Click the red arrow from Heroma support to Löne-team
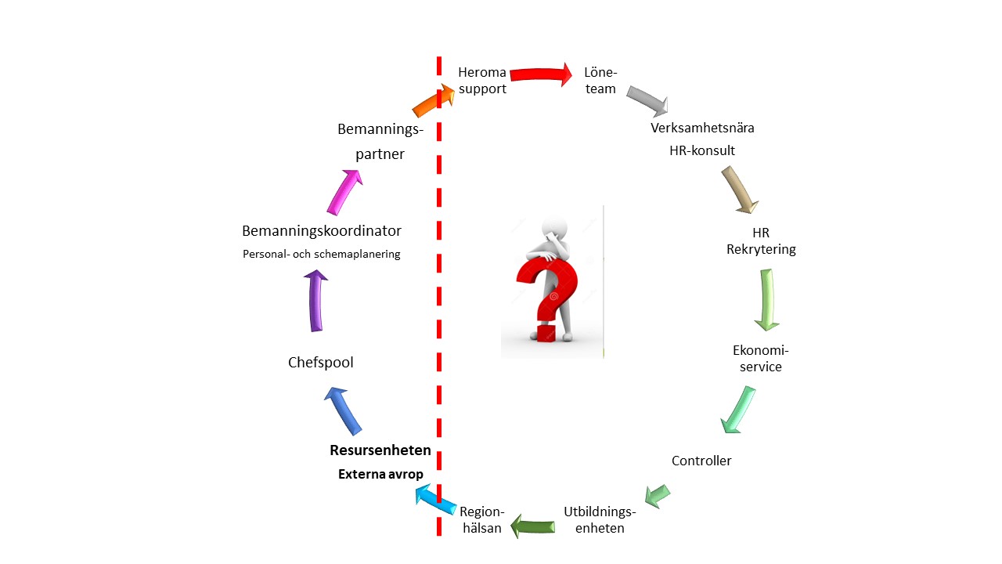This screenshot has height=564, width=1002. pos(541,74)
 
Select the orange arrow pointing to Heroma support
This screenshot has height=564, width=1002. pos(433,100)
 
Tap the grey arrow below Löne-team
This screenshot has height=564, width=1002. pos(647,101)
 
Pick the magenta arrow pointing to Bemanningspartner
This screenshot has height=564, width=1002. pos(344,193)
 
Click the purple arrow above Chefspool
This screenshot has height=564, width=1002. pos(315,301)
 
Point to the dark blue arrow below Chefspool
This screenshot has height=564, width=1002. pos(343,411)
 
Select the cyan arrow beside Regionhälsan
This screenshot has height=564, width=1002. pos(436,500)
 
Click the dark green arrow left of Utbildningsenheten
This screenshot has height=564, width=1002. pos(533,526)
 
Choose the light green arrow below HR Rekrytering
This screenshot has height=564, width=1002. pos(767,300)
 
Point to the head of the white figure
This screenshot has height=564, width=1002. pos(555,228)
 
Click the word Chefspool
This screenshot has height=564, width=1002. pos(321,362)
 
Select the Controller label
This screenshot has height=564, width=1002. pos(701,461)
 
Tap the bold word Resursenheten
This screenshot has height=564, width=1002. pos(380,450)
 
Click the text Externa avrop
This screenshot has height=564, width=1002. pos(380,474)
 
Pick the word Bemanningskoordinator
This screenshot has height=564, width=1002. pos(322,231)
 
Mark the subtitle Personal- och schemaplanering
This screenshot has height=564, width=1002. pos(322,255)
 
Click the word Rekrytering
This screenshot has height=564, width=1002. pos(762,250)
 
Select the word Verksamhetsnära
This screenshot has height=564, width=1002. pos(702,128)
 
